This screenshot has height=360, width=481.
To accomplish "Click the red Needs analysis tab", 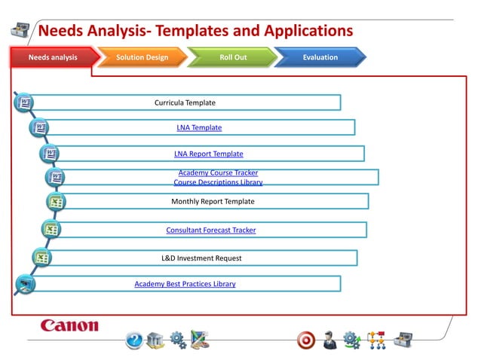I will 53,57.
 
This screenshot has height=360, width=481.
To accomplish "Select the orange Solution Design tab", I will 142,57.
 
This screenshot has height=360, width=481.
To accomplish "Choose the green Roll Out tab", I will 233,57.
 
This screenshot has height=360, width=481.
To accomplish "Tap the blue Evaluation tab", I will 320,57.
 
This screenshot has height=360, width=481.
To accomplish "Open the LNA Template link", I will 199,128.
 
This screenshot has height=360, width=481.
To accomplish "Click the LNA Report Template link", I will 208,154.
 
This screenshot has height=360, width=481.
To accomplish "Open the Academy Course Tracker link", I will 218,173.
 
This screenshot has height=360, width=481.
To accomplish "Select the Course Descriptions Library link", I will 218,182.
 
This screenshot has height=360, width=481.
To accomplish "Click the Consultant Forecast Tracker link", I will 210,230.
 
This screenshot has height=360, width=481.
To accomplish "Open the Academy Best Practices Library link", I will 185,284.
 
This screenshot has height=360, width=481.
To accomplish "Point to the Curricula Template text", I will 185,102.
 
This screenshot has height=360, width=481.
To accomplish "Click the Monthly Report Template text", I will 213,202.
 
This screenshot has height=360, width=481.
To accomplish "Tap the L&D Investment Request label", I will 201,258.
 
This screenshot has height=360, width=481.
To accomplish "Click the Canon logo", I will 69,326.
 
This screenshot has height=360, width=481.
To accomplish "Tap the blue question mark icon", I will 133,340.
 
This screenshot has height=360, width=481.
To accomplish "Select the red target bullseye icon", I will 306,340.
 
